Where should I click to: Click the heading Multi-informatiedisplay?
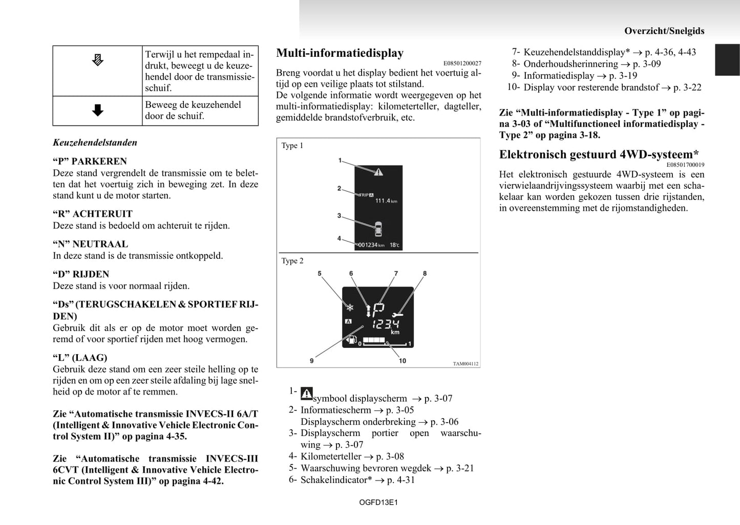pos(340,53)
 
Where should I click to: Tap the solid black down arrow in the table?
pos(98,111)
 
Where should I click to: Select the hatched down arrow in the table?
pos(97,60)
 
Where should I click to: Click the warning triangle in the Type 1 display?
pos(378,172)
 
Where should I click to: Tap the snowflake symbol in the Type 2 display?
pos(350,308)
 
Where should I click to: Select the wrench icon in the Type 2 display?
pos(397,315)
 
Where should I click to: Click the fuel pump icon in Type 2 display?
pos(351,339)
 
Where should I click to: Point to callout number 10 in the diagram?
pos(403,361)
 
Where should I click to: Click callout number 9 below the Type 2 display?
pos(311,361)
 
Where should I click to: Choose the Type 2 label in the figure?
pos(292,261)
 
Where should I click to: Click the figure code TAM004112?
pos(466,364)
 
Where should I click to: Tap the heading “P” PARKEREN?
pos(90,161)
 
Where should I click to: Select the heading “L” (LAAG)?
pos(80,358)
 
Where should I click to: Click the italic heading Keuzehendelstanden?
pos(95,143)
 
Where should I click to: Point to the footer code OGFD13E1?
pos(378,502)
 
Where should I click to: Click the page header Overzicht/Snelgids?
pos(664,31)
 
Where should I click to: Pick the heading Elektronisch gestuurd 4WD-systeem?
pos(599,155)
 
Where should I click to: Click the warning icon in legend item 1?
pos(306,393)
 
